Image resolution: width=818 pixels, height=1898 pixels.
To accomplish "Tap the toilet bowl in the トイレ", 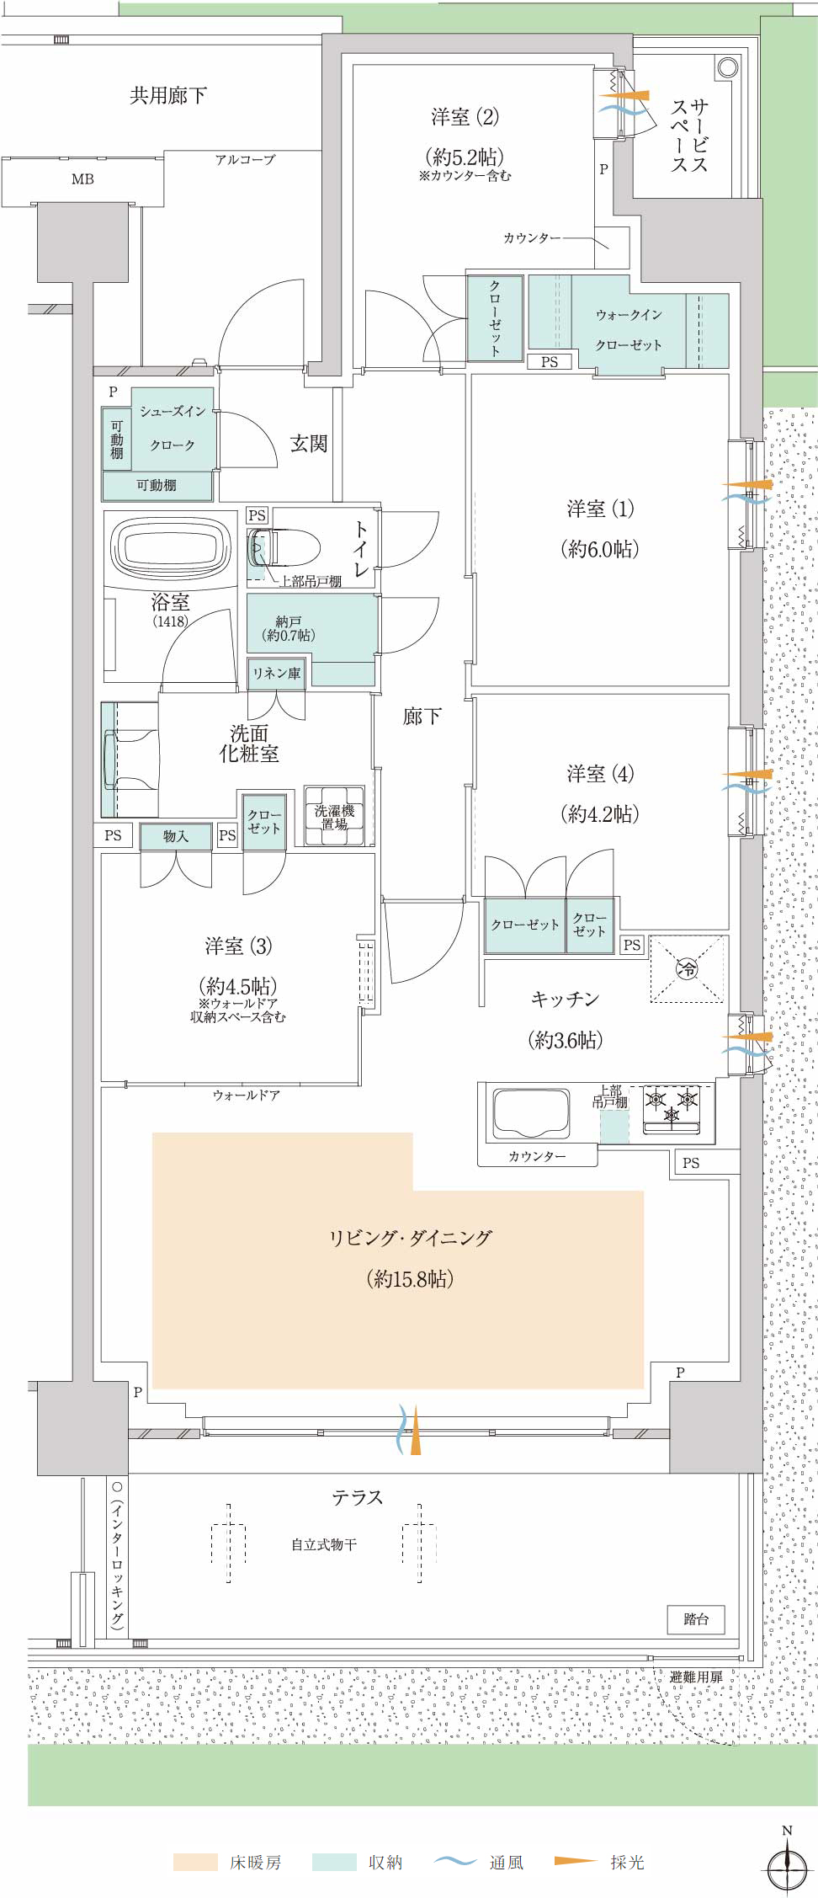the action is coord(284,548).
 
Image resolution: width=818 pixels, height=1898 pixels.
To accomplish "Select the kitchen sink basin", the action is coord(531,1112).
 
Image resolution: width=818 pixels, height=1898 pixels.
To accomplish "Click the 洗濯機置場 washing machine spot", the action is coord(335,816).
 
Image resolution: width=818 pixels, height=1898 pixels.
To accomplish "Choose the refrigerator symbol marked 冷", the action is coord(688,969).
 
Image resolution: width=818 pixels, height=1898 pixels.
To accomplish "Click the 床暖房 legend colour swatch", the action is coord(195,1862).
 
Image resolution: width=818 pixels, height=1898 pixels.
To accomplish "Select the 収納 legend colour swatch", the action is coord(334,1862).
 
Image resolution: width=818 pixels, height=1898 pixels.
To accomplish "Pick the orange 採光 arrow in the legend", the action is coord(576,1861).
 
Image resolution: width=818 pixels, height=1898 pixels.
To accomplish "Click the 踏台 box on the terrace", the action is coord(696,1619).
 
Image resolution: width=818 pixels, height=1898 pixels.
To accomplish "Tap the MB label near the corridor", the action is coord(82,179).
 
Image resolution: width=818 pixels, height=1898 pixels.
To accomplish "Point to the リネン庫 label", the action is coord(277,673).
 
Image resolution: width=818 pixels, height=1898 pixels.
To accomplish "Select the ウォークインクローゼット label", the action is coord(629,329).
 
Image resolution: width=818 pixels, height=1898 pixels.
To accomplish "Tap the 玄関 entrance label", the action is coord(309,444).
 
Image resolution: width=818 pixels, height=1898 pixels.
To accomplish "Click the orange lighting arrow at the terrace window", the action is coord(415,1429).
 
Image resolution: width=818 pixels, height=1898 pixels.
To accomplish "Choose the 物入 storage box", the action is coord(176,836).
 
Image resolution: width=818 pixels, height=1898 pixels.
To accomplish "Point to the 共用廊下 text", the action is coord(168,96).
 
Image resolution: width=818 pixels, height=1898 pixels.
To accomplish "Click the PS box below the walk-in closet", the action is coord(550,362).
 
